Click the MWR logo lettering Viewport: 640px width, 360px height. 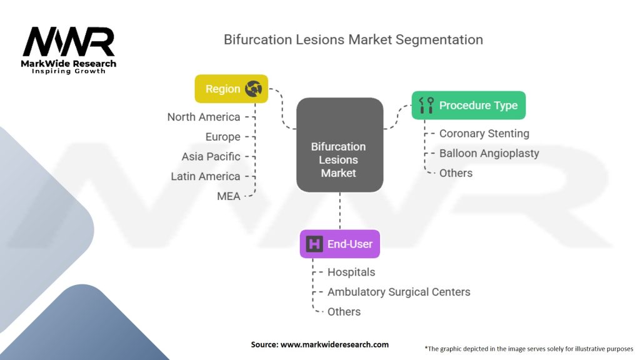[x=69, y=42]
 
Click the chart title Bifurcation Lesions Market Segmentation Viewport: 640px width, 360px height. [x=353, y=39]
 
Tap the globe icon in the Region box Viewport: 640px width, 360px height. [x=254, y=89]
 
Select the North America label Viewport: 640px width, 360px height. [x=204, y=117]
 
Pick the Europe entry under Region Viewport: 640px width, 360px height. [x=223, y=137]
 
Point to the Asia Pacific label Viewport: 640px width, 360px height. [x=211, y=156]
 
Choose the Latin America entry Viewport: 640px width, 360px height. [x=205, y=176]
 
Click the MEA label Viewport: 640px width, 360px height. [x=229, y=196]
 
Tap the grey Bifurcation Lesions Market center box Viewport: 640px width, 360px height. [x=339, y=145]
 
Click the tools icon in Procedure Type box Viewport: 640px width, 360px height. [x=426, y=105]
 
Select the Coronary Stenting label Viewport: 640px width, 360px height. [x=484, y=134]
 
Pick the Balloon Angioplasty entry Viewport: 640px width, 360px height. [x=489, y=154]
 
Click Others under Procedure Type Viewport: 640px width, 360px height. [x=456, y=173]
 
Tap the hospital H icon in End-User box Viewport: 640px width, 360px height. [x=314, y=244]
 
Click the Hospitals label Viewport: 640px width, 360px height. [x=351, y=272]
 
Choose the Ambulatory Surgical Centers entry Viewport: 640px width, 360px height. [x=399, y=292]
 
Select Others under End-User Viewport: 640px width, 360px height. [x=344, y=312]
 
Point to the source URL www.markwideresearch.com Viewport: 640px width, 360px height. [x=334, y=344]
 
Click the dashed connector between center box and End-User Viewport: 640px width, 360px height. [x=340, y=211]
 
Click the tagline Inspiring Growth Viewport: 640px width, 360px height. [x=69, y=71]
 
